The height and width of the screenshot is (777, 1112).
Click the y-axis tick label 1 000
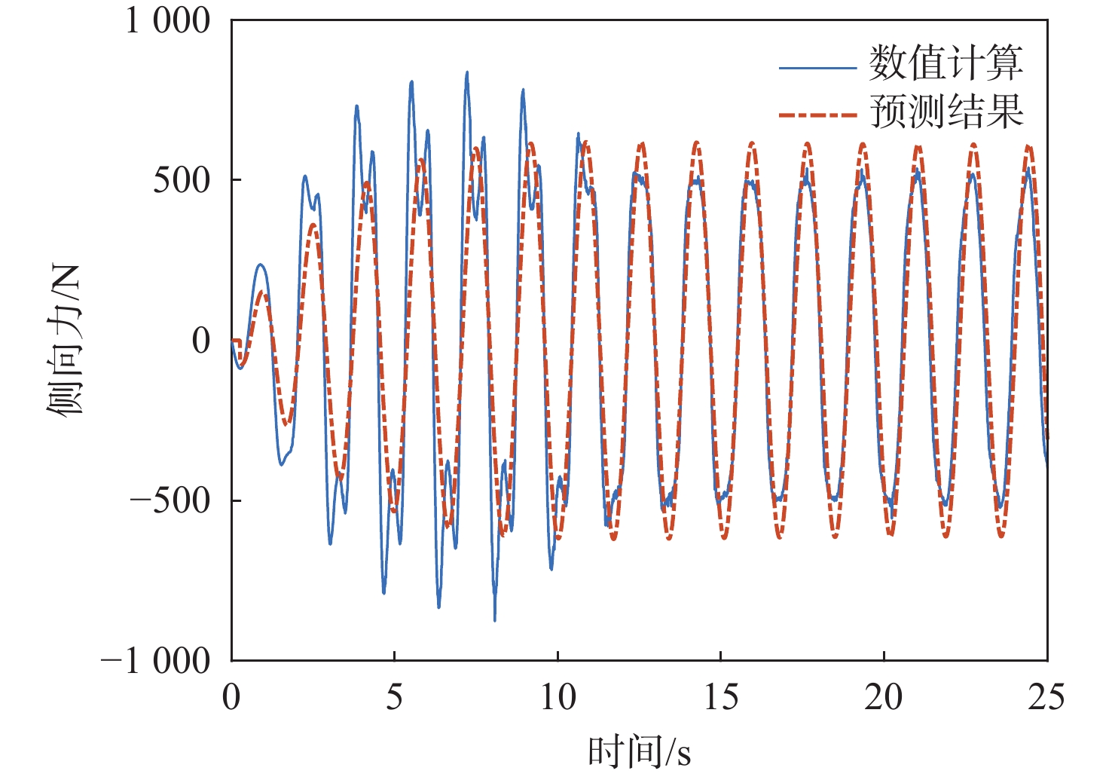(x=168, y=20)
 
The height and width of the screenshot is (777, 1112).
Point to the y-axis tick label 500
(x=182, y=180)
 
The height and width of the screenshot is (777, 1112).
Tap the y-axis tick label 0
(x=201, y=341)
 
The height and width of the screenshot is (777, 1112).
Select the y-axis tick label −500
(x=170, y=500)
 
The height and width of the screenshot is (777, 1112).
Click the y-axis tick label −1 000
(x=156, y=661)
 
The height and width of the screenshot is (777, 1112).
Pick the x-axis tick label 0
(x=231, y=698)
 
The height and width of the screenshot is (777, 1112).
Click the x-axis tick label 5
(x=395, y=698)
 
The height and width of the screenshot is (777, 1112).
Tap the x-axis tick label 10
(x=558, y=698)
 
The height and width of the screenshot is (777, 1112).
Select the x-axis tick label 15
(x=721, y=698)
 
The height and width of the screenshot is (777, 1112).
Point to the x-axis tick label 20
(x=884, y=698)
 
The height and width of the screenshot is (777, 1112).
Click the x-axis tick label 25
(x=1046, y=698)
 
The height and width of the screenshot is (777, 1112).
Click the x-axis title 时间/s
(x=639, y=752)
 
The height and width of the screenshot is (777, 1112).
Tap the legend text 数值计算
(x=946, y=63)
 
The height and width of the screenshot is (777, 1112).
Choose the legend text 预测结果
(x=946, y=112)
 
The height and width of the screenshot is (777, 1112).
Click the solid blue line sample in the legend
(x=817, y=68)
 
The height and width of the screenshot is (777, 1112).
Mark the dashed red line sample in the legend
(x=817, y=115)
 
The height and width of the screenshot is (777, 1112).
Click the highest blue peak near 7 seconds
(x=467, y=73)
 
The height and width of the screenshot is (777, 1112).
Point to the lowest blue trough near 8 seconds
(x=495, y=619)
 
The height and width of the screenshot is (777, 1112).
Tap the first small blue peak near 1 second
(x=260, y=265)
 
